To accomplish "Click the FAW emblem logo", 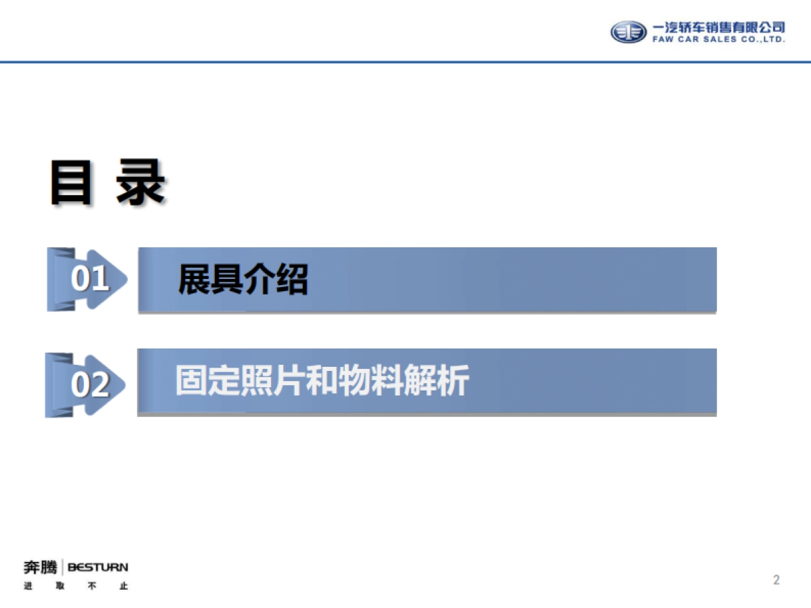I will pyautogui.click(x=629, y=32).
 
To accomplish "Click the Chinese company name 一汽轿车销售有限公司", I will pyautogui.click(x=718, y=27).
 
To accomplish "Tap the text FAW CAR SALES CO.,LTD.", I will pyautogui.click(x=718, y=40).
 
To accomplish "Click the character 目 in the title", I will pyautogui.click(x=70, y=182).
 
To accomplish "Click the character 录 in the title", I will pyautogui.click(x=141, y=182).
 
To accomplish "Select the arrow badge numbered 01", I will pyautogui.click(x=87, y=279).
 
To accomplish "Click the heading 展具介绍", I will pyautogui.click(x=243, y=279).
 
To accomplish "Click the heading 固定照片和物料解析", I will pyautogui.click(x=322, y=381).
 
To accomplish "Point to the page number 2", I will pyautogui.click(x=777, y=580).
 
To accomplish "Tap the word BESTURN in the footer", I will pyautogui.click(x=98, y=567).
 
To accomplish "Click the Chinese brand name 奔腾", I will pyautogui.click(x=40, y=567).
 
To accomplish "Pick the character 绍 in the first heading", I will pyautogui.click(x=292, y=279).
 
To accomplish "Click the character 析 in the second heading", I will pyautogui.click(x=453, y=381).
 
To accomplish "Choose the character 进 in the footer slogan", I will pyautogui.click(x=28, y=586).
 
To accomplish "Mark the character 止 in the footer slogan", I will pyautogui.click(x=123, y=586).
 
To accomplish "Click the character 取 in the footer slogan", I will pyautogui.click(x=60, y=586).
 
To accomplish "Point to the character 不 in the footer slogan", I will pyautogui.click(x=92, y=586).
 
